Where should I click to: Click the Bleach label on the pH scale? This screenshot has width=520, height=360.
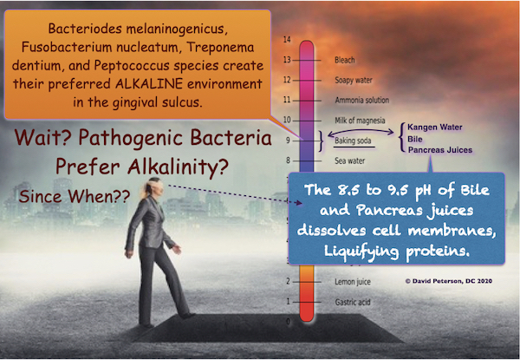(x=345, y=60)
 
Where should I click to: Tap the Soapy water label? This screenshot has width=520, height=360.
(x=354, y=81)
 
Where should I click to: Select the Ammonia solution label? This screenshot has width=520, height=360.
(x=361, y=101)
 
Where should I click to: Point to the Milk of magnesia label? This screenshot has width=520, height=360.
(x=360, y=121)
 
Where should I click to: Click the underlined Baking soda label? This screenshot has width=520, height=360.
(x=353, y=141)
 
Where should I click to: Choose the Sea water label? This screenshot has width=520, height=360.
(x=349, y=161)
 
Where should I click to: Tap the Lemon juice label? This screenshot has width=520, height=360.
(x=353, y=282)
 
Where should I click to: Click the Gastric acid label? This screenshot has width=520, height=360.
(x=353, y=302)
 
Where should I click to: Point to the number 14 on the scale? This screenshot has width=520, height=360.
(x=287, y=40)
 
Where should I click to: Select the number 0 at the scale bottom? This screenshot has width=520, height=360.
(x=288, y=322)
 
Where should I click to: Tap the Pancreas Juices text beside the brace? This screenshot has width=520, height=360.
(x=440, y=150)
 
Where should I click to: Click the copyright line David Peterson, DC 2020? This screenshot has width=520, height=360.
(x=449, y=281)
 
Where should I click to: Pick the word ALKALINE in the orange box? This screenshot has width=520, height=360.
(x=149, y=83)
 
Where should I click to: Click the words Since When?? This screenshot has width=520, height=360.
(x=75, y=196)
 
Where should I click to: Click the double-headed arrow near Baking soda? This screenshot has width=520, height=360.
(x=361, y=132)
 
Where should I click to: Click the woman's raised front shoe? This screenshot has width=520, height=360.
(x=187, y=316)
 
